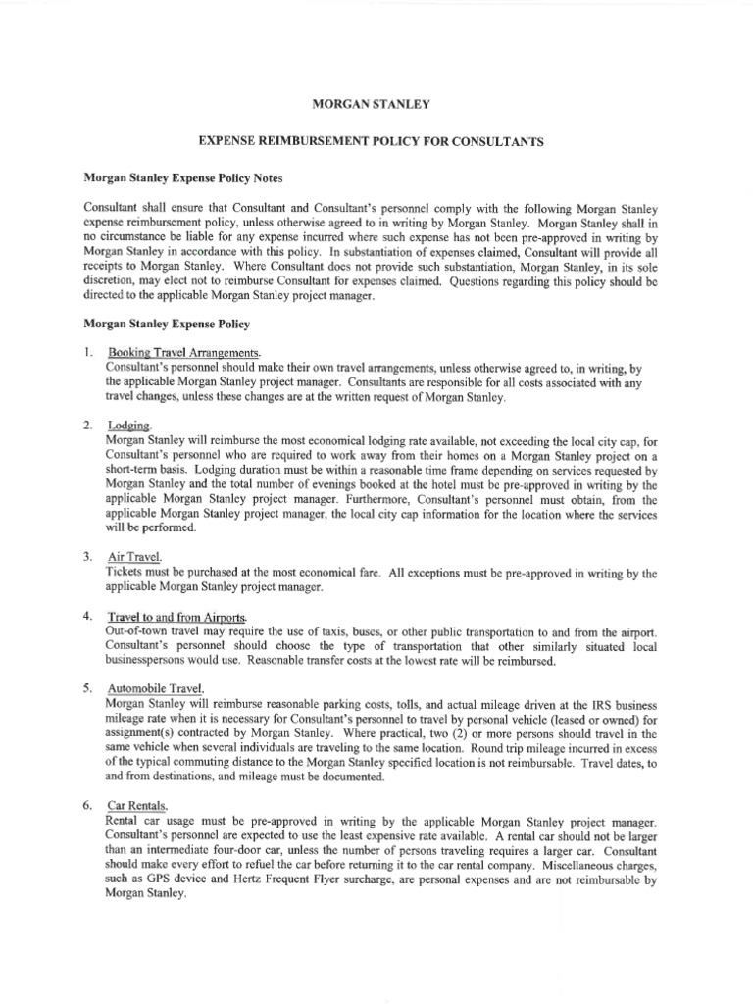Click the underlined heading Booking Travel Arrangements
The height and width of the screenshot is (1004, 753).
184,352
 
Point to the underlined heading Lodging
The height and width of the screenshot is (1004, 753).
130,426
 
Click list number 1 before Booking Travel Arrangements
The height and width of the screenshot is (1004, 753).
88,352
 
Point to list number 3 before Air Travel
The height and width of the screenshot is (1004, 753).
88,556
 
